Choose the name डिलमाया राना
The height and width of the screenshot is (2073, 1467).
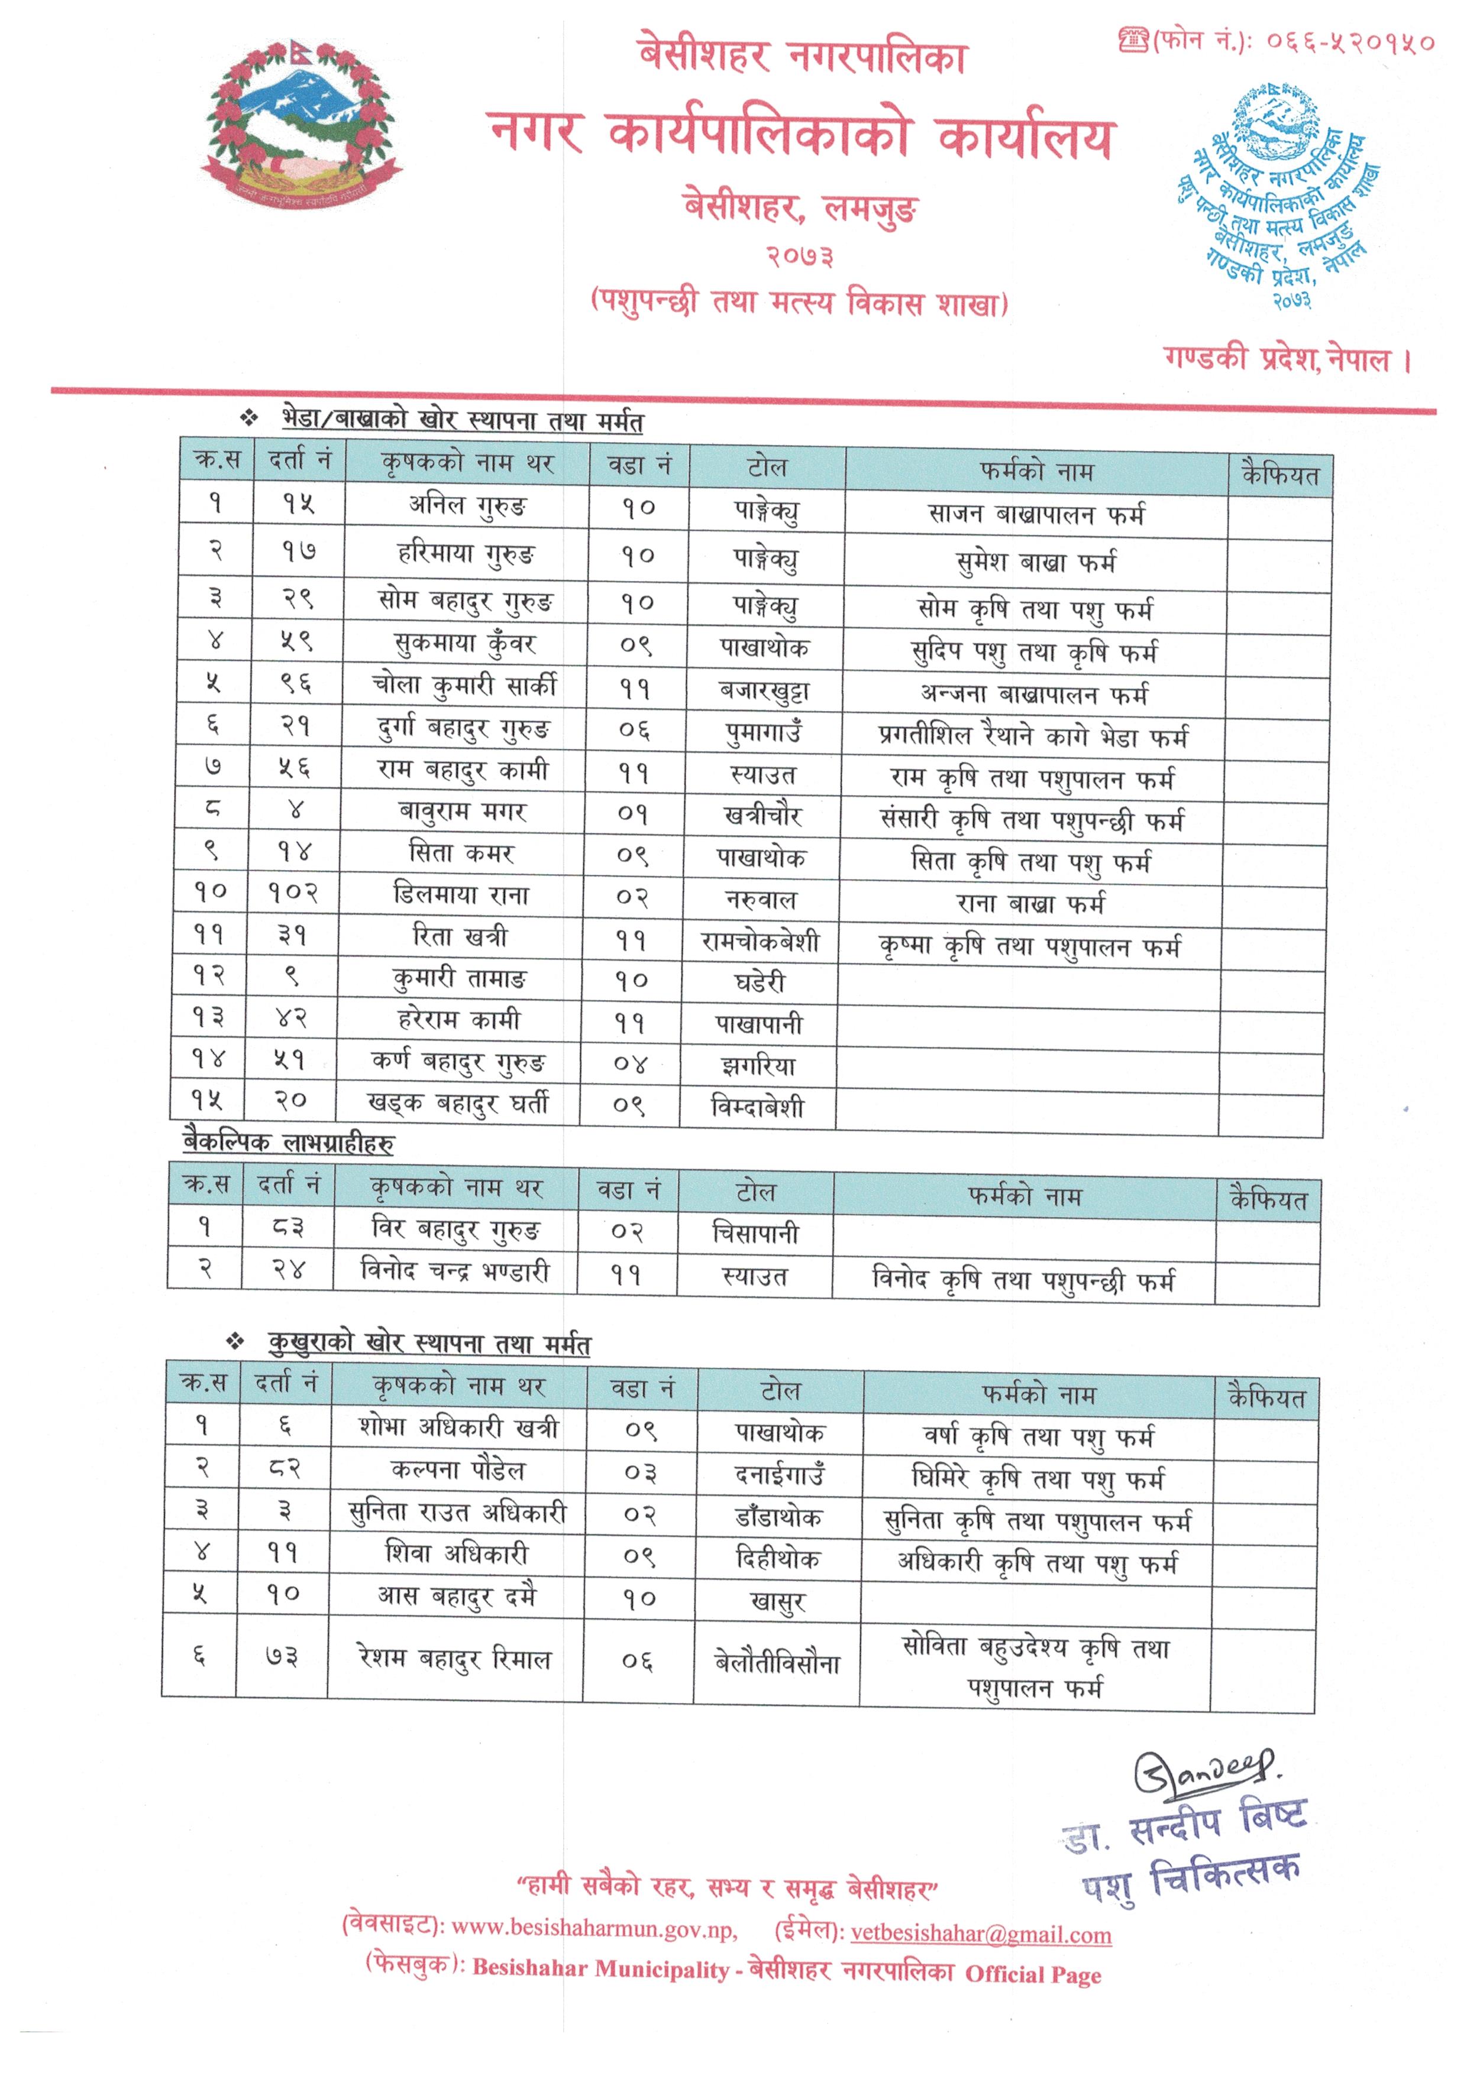461,895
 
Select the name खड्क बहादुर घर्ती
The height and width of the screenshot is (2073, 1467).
457,1104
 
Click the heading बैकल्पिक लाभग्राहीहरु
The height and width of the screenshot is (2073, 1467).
288,1143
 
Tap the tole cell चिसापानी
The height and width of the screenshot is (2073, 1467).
755,1233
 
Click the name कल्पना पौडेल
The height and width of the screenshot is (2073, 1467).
457,1470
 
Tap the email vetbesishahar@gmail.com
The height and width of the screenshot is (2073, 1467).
981,1935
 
